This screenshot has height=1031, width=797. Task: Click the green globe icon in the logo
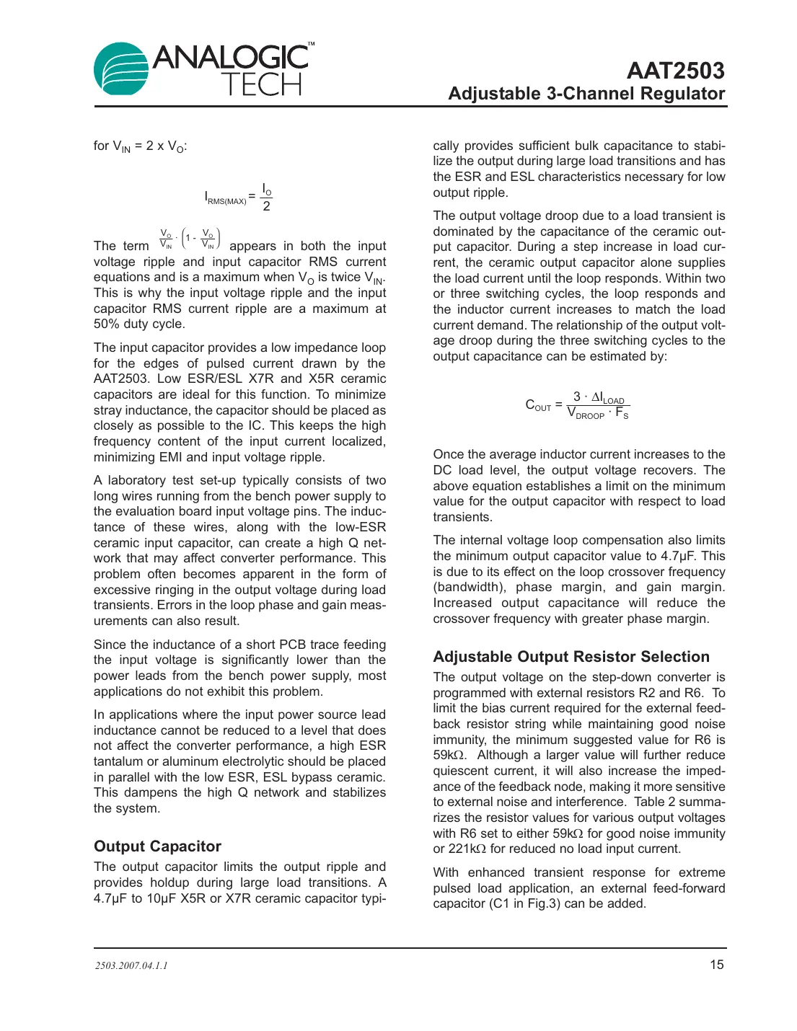click(x=120, y=69)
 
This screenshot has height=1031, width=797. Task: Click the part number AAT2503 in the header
click(x=675, y=71)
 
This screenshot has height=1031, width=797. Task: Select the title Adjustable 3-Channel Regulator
click(x=586, y=94)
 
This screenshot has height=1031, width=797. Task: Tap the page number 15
click(x=716, y=965)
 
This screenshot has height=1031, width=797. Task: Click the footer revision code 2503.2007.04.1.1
click(x=131, y=965)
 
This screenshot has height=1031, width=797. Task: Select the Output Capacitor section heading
click(x=157, y=846)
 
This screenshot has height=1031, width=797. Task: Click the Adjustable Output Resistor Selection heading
click(x=571, y=657)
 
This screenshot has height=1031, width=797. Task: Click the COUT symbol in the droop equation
click(x=538, y=405)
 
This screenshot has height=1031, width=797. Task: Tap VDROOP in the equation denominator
click(x=586, y=413)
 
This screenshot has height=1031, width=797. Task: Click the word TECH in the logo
click(x=261, y=85)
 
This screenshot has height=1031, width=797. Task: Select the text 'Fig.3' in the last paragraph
click(x=543, y=904)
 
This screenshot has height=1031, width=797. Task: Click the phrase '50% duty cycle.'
click(x=139, y=324)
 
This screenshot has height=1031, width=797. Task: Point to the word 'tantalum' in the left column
click(x=118, y=761)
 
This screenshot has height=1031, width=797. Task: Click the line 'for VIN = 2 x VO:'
click(x=140, y=146)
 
